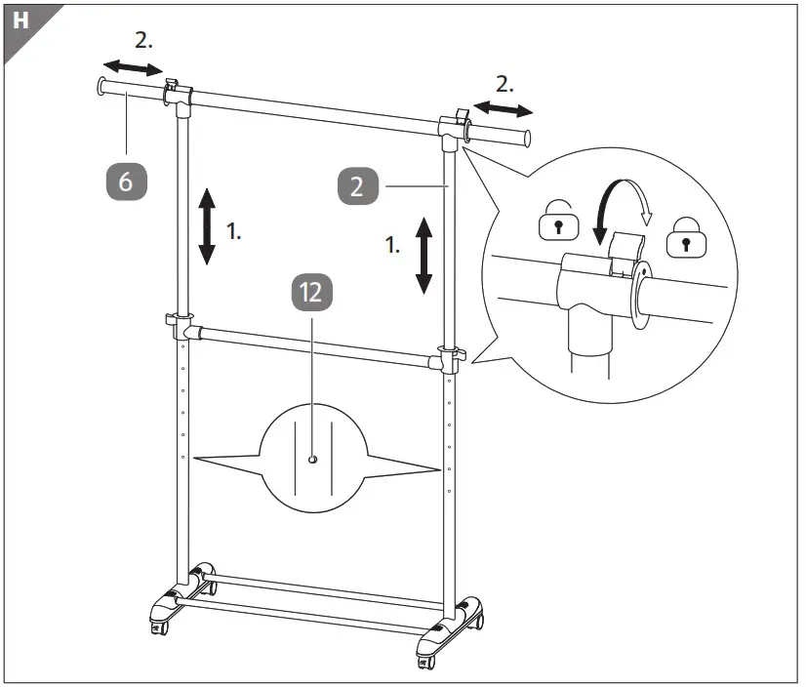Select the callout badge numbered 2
click(357, 185)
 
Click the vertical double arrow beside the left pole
click(207, 227)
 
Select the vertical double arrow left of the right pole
click(423, 256)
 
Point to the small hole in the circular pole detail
click(311, 458)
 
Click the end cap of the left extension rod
click(101, 87)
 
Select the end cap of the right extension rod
click(529, 138)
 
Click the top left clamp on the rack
click(176, 93)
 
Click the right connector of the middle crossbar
click(450, 357)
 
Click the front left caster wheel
click(158, 629)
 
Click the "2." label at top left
click(142, 42)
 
